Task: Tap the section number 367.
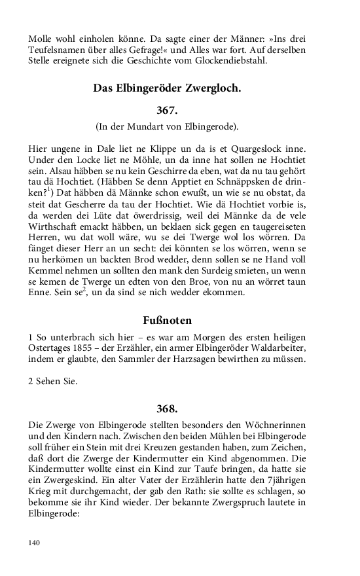(x=167, y=110)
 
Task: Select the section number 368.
(x=167, y=408)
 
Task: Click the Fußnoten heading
(x=167, y=320)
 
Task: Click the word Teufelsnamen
(x=58, y=50)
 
